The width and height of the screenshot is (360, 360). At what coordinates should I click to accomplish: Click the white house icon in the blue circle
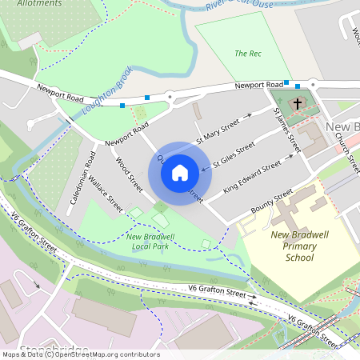(180, 172)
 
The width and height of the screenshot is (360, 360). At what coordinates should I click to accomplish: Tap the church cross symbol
(298, 103)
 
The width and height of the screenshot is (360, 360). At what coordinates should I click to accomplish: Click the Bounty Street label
(272, 202)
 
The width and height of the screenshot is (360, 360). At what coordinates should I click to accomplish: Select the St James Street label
(286, 132)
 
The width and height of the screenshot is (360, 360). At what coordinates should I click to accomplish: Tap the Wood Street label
(129, 174)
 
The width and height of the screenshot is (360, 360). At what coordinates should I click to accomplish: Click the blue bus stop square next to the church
(298, 86)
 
